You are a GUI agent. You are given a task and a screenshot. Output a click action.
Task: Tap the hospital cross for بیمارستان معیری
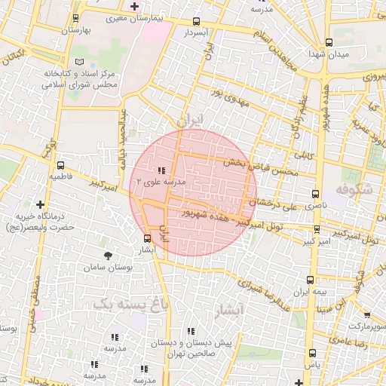point(134,7)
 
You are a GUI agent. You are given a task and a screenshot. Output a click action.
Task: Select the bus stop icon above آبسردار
point(197,22)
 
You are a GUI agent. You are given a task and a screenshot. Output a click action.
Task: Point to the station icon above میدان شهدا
point(329,43)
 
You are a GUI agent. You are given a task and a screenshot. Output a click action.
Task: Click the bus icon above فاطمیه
point(60,165)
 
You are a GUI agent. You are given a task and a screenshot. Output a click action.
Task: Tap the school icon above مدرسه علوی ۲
point(162,171)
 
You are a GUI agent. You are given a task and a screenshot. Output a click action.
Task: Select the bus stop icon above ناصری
point(315,194)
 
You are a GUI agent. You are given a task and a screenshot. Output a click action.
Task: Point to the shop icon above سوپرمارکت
point(367,315)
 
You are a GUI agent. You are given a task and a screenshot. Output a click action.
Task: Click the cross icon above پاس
point(311,353)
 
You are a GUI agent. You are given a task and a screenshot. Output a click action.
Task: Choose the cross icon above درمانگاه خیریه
point(40,204)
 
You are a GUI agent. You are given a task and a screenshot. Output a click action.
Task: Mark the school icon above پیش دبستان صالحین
point(190,331)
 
